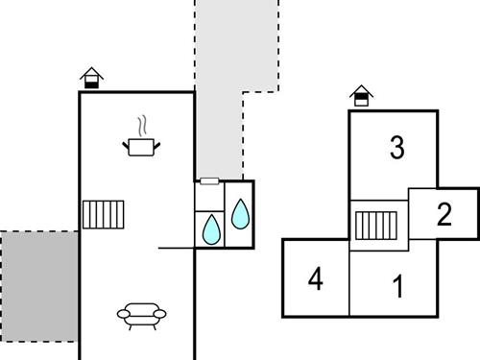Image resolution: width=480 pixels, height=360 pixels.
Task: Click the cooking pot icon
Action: (141, 147)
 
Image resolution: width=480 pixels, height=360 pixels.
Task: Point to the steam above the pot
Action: (142, 126)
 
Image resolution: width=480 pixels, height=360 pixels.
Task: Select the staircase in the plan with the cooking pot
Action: (104, 214)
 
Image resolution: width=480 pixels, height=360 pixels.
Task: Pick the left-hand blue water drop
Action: (210, 228)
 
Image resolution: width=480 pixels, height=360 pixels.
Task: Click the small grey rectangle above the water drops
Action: (210, 180)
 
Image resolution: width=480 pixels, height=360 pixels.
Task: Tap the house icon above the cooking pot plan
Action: (91, 78)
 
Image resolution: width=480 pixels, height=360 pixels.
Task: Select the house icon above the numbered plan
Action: (360, 95)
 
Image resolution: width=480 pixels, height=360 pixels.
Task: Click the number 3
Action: (396, 148)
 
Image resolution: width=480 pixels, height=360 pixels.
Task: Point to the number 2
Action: (444, 214)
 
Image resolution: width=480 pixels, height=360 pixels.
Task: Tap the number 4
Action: (315, 280)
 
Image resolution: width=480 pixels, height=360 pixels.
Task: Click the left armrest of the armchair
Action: (121, 313)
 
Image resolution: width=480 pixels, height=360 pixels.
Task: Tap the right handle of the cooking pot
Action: (157, 143)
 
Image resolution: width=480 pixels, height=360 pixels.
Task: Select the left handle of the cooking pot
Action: (125, 143)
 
